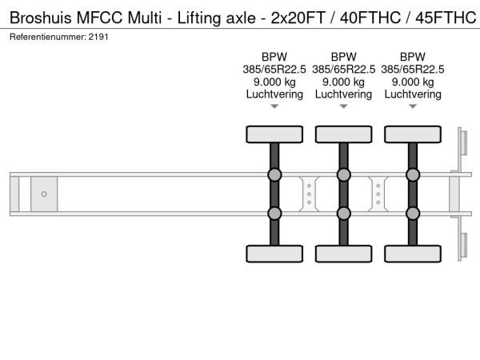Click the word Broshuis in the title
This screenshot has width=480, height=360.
[41, 18]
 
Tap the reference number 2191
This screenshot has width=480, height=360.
[98, 37]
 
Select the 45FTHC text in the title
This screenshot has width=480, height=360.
[446, 18]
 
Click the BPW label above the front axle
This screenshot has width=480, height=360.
[274, 57]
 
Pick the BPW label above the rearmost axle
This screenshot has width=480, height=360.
[413, 57]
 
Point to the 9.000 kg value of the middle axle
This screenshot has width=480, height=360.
[343, 82]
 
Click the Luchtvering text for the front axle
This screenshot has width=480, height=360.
[274, 94]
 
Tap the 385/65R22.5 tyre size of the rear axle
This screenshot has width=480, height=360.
[413, 70]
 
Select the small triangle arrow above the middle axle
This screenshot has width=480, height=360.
[343, 106]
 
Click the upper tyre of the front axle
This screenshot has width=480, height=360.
[274, 134]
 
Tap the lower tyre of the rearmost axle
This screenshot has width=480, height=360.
[413, 254]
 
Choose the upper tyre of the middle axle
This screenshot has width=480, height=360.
[343, 134]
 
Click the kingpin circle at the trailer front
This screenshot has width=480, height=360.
[44, 194]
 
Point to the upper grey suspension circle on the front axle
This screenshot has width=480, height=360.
[274, 174]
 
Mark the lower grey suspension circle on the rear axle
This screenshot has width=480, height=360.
[413, 214]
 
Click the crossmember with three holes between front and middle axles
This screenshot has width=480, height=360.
[309, 194]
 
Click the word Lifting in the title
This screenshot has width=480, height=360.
[199, 18]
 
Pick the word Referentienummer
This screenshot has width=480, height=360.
[48, 37]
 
